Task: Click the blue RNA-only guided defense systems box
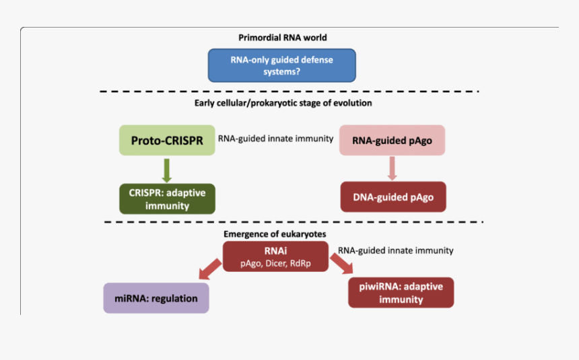pos(281,65)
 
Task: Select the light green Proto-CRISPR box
pos(167,141)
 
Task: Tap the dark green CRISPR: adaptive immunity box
pos(167,199)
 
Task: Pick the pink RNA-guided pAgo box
pos(392,141)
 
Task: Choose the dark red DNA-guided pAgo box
pos(393,196)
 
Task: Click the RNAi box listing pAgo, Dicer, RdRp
pos(276,256)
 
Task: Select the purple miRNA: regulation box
pos(156,298)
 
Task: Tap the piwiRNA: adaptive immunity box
pos(401,293)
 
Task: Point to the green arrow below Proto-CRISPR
pos(166,169)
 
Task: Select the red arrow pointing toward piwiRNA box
pos(341,264)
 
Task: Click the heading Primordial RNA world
pos(283,38)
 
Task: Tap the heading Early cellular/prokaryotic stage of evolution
pos(283,103)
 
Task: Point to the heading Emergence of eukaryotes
pos(275,233)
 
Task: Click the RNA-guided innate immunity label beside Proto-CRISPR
pos(275,139)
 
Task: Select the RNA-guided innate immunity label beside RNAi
pos(395,250)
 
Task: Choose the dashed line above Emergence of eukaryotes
pos(294,221)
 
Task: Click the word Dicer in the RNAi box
pos(278,263)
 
